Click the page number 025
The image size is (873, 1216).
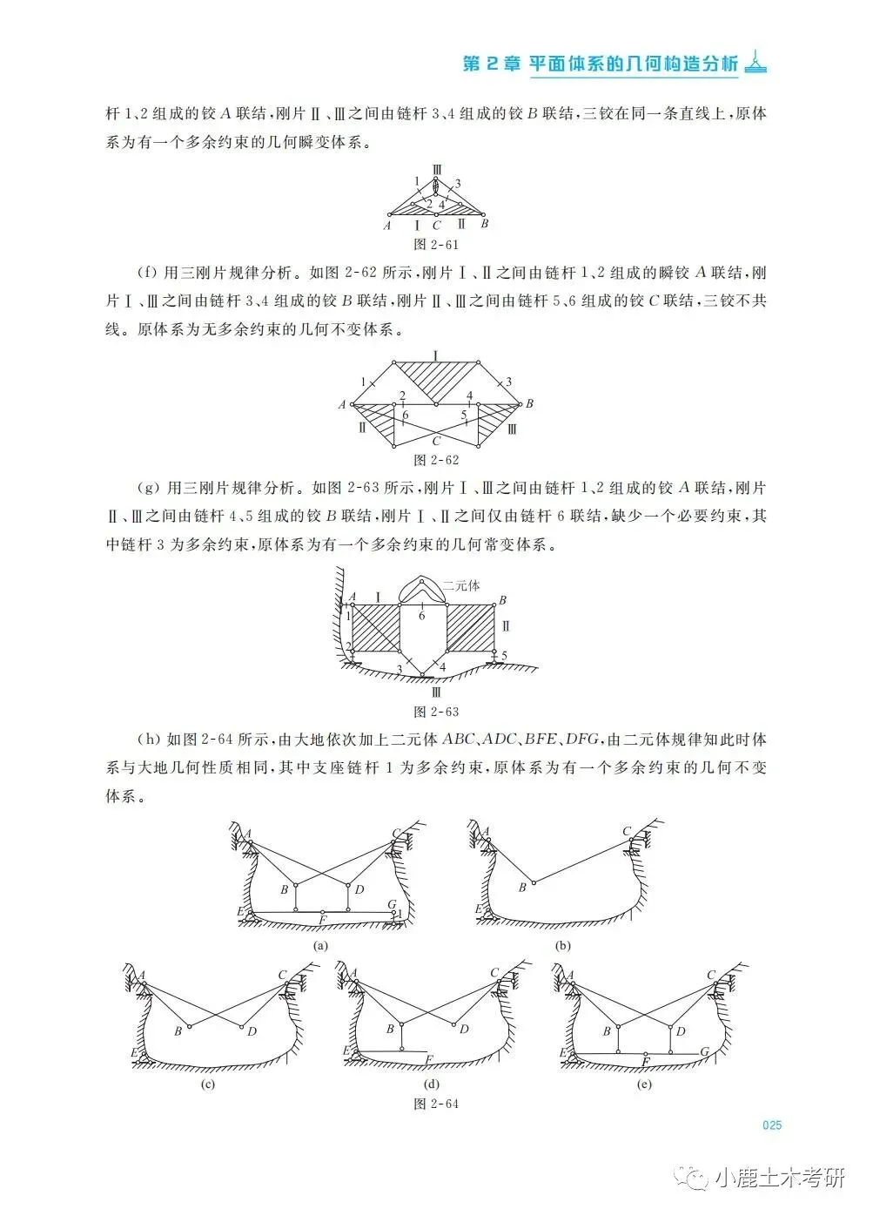(772, 1125)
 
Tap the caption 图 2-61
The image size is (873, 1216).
(437, 245)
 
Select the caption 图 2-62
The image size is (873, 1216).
(437, 460)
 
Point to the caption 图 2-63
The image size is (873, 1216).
(437, 712)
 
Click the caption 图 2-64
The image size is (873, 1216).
(437, 1104)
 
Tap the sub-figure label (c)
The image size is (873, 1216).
(207, 1084)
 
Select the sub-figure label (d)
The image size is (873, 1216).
(431, 1084)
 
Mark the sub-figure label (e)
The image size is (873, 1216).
(645, 1084)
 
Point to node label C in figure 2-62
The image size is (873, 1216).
(437, 441)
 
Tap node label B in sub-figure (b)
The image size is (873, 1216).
(521, 888)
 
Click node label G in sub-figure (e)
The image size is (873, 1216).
(705, 1051)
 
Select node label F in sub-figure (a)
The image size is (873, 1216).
(323, 919)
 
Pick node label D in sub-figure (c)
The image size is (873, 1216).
(252, 1031)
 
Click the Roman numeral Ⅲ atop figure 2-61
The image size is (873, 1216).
(437, 168)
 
